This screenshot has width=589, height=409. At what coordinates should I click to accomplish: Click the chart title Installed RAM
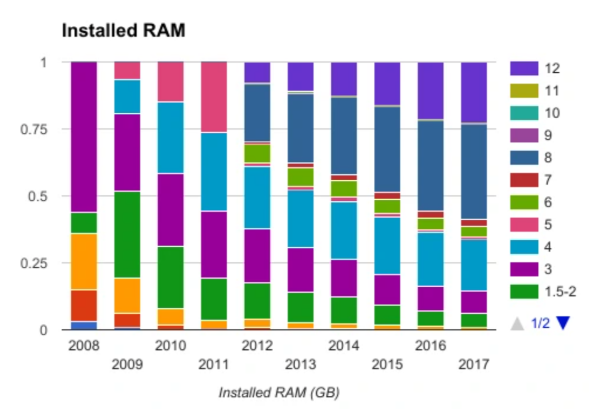123,31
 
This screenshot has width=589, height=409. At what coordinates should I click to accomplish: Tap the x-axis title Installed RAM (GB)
279,393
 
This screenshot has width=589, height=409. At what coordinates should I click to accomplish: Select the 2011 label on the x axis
214,364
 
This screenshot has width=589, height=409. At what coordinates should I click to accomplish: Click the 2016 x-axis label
430,346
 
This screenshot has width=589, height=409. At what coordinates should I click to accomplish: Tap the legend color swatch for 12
524,69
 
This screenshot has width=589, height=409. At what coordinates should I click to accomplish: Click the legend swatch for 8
524,158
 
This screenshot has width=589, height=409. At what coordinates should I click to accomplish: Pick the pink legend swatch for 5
524,225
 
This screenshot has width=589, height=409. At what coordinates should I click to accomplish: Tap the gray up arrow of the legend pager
517,323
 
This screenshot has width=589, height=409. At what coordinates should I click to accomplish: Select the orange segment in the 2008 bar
84,261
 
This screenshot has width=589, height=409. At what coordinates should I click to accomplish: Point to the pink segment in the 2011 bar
214,97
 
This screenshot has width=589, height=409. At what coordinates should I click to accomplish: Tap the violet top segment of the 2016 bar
431,90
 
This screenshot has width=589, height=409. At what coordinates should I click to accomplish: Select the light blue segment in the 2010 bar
171,138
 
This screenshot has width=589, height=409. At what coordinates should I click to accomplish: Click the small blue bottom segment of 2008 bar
84,325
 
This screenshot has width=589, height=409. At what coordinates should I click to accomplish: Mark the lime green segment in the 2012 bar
257,153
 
